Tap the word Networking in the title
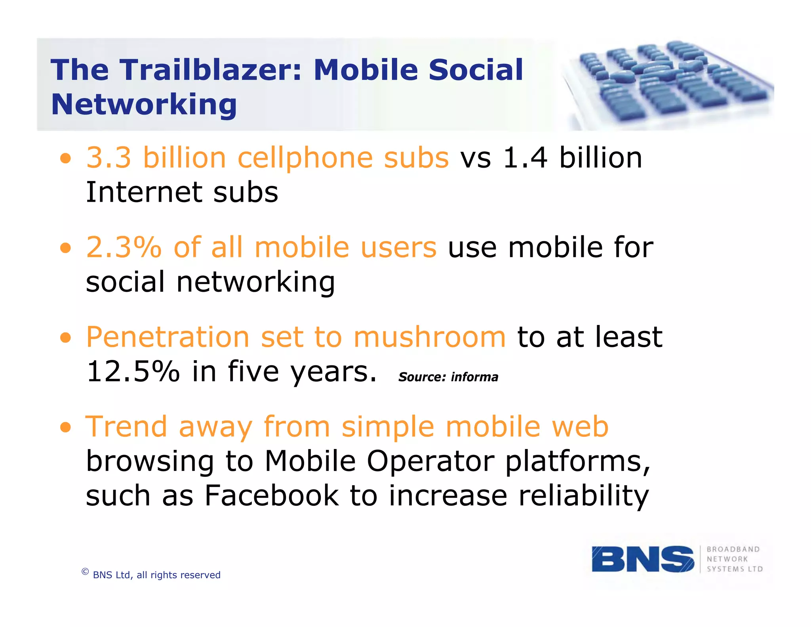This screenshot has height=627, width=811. pos(144,104)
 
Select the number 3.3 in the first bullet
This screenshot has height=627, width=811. pos(109,158)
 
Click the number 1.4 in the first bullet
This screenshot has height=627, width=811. pos(525,158)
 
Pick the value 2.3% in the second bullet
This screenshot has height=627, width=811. pos(124,247)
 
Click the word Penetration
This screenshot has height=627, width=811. pos(168,337)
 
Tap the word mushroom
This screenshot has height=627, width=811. pos(430,337)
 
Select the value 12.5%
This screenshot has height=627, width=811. pos(133,372)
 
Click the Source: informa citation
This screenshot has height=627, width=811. pos(448,377)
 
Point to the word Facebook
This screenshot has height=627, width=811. pos(272,496)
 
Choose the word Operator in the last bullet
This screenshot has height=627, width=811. pos(430,461)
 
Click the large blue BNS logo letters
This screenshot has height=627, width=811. pos(642,559)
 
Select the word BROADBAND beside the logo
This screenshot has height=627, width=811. pos(733,549)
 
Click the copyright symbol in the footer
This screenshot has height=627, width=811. pos(85,572)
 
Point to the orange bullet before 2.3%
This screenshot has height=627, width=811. pos(66,249)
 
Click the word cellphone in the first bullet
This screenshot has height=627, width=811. pos(305,158)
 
